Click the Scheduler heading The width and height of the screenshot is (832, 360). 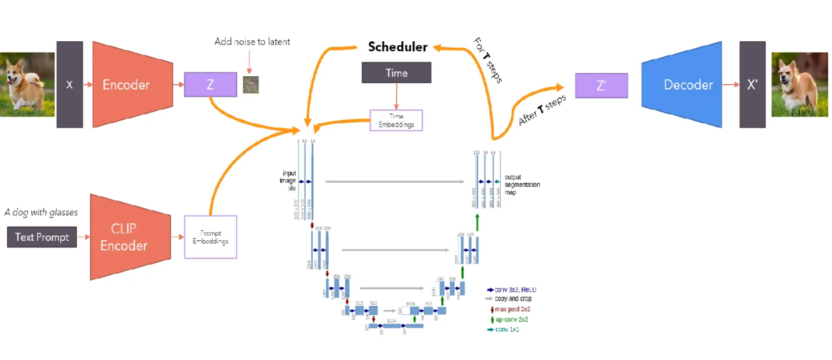click(398, 47)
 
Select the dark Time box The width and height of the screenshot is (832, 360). click(396, 73)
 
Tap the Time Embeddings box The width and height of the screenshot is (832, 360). click(396, 121)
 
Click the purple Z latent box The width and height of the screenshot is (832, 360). click(210, 85)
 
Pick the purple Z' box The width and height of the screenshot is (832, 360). click(601, 86)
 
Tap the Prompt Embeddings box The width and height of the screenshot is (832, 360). click(210, 237)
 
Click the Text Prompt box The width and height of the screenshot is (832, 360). click(42, 237)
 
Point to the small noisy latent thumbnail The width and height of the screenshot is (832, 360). click(251, 85)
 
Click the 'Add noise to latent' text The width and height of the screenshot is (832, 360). click(252, 42)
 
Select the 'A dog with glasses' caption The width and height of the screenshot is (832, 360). click(41, 212)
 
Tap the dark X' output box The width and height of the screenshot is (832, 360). click(752, 85)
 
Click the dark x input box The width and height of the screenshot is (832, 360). click(69, 85)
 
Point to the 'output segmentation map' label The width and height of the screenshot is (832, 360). click(521, 185)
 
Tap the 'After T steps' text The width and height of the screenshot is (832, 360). click(542, 110)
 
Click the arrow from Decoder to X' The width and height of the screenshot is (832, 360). click(730, 85)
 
